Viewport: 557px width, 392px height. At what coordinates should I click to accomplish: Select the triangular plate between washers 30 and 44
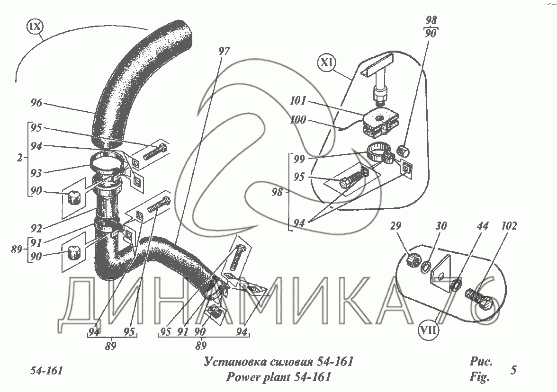pyautogui.click(x=440, y=274)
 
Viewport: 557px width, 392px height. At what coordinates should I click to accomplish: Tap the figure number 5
pyautogui.click(x=513, y=370)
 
